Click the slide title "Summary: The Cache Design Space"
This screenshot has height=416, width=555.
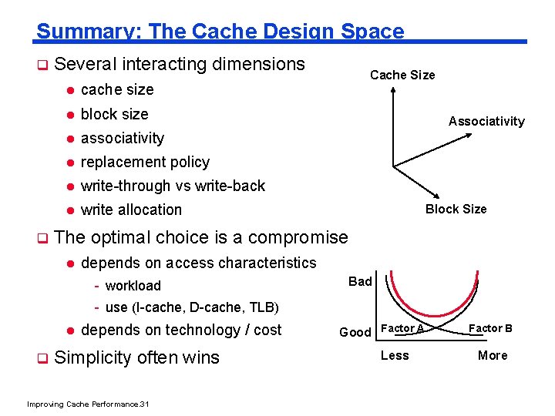point(220,31)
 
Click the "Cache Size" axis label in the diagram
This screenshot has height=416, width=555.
point(402,75)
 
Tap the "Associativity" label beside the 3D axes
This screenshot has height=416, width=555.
point(486,121)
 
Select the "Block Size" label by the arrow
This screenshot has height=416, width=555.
point(456,209)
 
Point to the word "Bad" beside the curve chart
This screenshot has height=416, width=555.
point(360,281)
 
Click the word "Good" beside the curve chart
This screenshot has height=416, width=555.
point(355,332)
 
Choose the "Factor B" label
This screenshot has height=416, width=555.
point(491,328)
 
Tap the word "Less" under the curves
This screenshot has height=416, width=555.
point(395,355)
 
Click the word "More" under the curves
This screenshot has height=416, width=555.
point(493,355)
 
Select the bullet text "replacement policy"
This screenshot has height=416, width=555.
point(145,162)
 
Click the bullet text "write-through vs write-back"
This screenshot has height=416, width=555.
point(173,186)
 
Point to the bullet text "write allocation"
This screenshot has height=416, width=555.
point(131,210)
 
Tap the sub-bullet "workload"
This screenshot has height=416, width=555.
point(133,286)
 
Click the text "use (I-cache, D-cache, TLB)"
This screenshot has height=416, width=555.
point(190,307)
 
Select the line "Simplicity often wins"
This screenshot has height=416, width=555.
point(137,357)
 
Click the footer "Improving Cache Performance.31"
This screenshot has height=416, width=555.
point(88,404)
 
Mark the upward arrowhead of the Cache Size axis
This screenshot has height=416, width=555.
point(393,87)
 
